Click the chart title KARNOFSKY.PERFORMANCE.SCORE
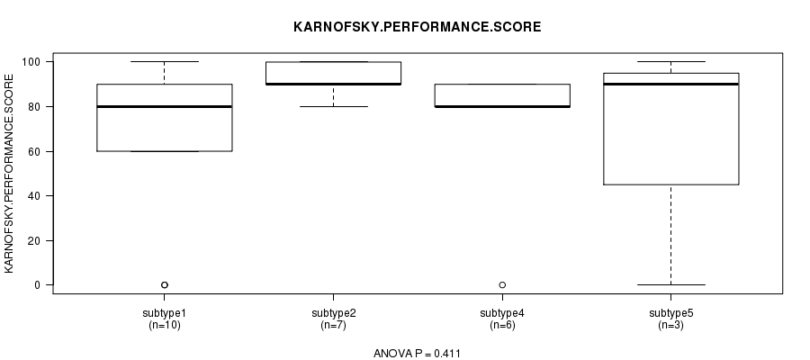tap(418, 27)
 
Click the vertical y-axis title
tap(9, 174)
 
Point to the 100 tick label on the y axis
tap(31, 62)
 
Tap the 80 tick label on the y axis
tap(33, 107)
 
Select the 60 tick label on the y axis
tap(33, 151)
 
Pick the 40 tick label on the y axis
tap(33, 196)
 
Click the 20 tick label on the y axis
tap(33, 240)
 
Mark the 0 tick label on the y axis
tap(37, 285)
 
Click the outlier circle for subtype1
tap(165, 285)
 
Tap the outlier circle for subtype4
tap(502, 285)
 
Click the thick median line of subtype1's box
tap(165, 106)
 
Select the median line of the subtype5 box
tap(671, 85)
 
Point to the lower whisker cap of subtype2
tap(333, 106)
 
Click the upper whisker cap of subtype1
tap(165, 61)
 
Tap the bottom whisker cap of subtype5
tap(671, 284)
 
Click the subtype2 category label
tap(334, 313)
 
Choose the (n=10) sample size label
tap(165, 326)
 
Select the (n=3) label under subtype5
tap(671, 326)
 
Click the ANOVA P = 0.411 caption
tap(417, 354)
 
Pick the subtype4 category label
tap(502, 313)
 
